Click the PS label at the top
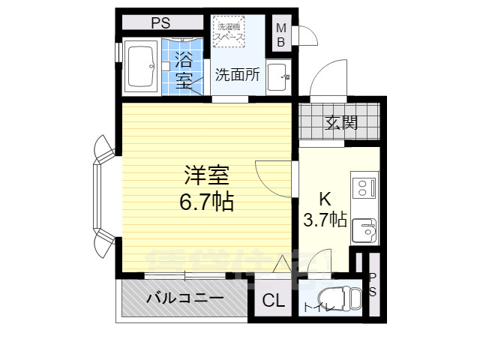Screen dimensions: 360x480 tap(160, 22)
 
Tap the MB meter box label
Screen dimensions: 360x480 tap(281, 35)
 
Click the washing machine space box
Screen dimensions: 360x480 tap(228, 32)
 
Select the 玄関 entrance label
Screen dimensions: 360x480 tap(340, 122)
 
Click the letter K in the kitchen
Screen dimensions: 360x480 tap(325, 199)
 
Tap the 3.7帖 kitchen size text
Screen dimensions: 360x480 tap(325, 220)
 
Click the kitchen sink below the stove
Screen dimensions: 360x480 tap(364, 228)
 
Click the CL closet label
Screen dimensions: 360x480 tap(273, 301)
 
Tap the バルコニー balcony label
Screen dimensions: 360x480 tap(184, 298)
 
